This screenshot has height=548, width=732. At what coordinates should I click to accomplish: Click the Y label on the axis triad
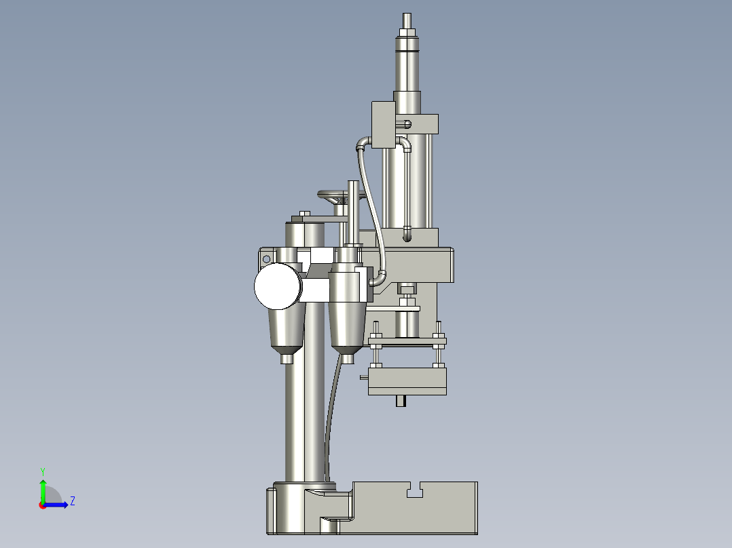point(42,471)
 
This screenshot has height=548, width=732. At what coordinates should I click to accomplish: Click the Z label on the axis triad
point(72,501)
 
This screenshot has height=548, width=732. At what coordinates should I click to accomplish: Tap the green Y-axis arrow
point(43,488)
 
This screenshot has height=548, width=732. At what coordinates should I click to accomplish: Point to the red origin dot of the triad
point(42,505)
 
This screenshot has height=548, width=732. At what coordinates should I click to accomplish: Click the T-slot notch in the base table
point(415,490)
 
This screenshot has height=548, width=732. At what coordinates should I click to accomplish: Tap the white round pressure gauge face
point(277,286)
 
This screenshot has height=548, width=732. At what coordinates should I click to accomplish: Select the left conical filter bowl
point(286,330)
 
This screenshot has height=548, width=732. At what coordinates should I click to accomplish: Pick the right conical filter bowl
point(347,329)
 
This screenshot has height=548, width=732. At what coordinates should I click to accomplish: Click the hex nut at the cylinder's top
point(407,31)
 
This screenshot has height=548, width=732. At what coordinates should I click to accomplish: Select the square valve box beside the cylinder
point(383,124)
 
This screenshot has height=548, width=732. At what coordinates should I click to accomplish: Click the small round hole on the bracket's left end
point(266,258)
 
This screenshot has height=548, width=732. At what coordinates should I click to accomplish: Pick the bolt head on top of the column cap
point(304,214)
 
